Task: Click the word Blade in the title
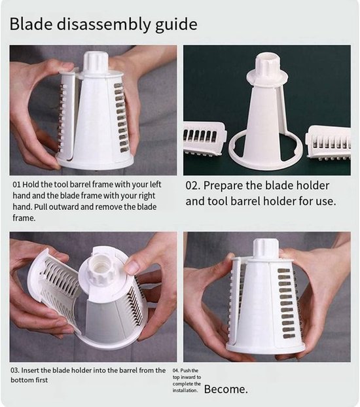[x=31, y=24]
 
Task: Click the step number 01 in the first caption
[x=16, y=185]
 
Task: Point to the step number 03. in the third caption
[x=15, y=370]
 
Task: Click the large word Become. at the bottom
[x=226, y=389]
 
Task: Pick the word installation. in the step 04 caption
[x=185, y=391]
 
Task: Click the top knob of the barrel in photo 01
[x=96, y=62]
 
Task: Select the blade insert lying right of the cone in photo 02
[x=329, y=143]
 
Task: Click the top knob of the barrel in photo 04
[x=266, y=249]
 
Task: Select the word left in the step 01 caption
[x=155, y=185]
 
